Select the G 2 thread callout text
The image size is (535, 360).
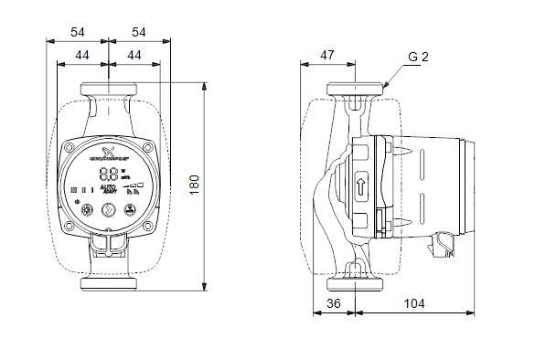pos(418,57)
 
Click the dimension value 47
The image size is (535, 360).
pos(327,57)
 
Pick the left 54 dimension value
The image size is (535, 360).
pos(79,33)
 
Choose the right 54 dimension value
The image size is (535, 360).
pos(139,33)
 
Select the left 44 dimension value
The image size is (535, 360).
pos(82,57)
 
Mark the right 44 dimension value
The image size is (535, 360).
pos(134,57)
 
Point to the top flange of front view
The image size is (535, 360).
pos(109,91)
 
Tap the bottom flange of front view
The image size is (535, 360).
pos(109,281)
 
